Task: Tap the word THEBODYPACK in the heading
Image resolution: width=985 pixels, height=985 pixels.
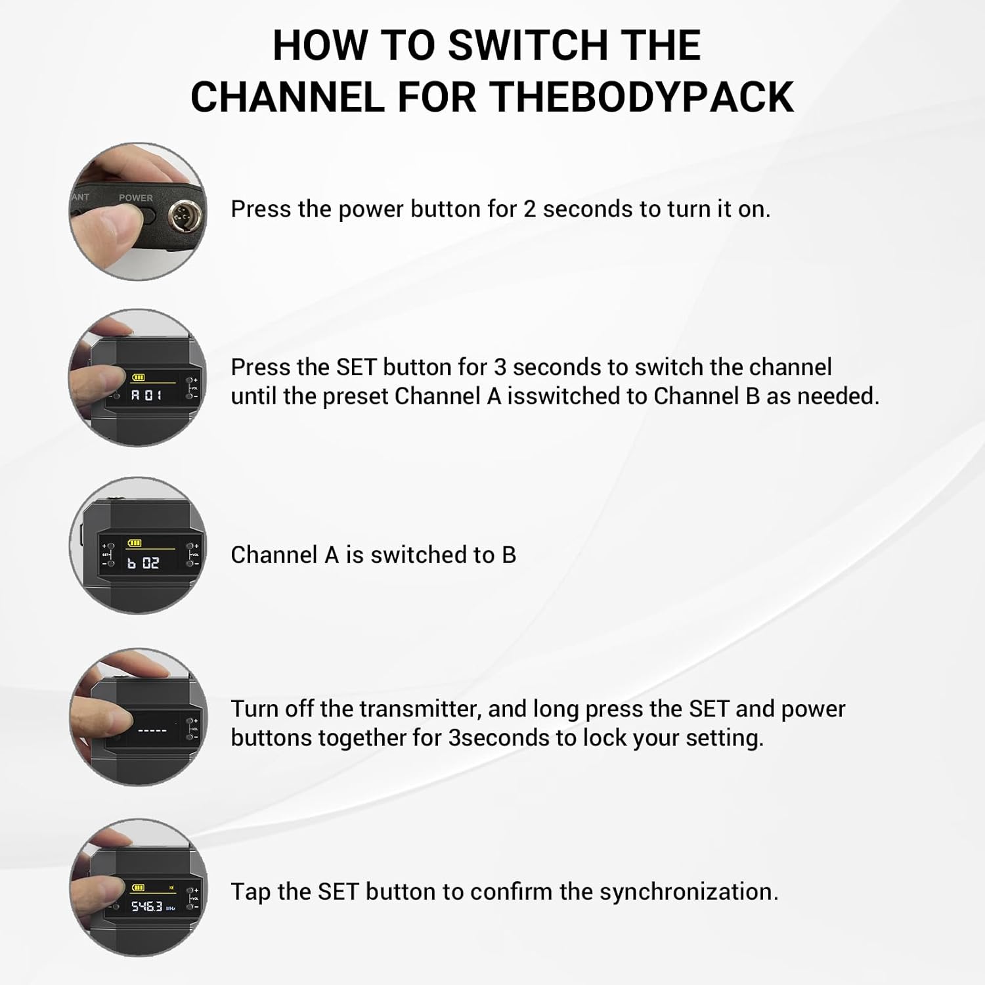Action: point(642,97)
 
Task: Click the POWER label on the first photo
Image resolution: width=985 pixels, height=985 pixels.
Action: point(135,198)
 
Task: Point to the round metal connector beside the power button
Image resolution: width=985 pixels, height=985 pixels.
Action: point(179,214)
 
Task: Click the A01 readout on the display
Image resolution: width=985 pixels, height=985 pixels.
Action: point(146,395)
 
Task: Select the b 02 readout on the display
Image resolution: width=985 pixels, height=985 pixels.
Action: point(143,563)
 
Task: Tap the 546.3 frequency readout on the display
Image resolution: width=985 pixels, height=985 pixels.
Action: point(146,906)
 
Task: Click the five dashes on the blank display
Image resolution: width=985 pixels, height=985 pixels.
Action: point(152,731)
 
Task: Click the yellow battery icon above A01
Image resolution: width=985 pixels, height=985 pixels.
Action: point(139,378)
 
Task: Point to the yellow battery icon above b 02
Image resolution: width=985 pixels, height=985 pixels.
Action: point(135,543)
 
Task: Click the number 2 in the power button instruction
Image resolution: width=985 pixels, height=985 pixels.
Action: point(529,209)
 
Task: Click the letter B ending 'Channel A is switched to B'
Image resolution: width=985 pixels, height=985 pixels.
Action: point(509,555)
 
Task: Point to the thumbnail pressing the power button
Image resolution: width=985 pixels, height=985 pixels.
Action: point(138,211)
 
